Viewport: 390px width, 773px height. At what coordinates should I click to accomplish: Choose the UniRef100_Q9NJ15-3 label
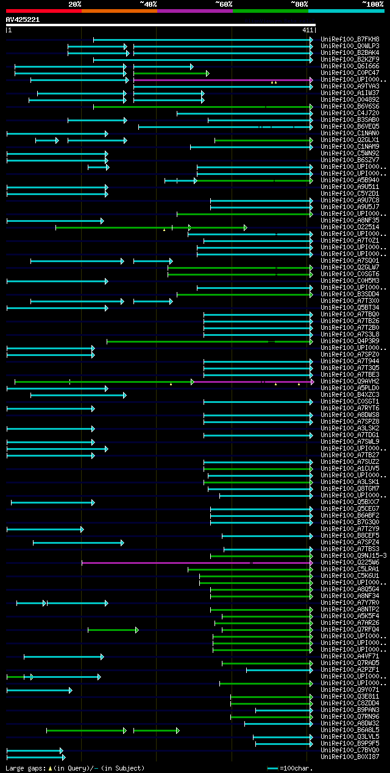353,556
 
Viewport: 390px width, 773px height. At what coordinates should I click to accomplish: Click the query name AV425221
23,20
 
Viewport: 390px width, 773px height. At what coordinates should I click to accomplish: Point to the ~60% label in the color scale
224,4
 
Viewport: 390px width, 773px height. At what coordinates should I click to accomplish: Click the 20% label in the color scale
75,4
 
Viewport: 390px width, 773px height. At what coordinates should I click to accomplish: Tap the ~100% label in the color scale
372,4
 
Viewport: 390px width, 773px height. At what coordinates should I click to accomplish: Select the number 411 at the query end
307,30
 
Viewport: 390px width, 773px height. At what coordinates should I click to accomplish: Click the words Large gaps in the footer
25,768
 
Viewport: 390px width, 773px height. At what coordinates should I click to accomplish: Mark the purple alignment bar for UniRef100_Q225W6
195,563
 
